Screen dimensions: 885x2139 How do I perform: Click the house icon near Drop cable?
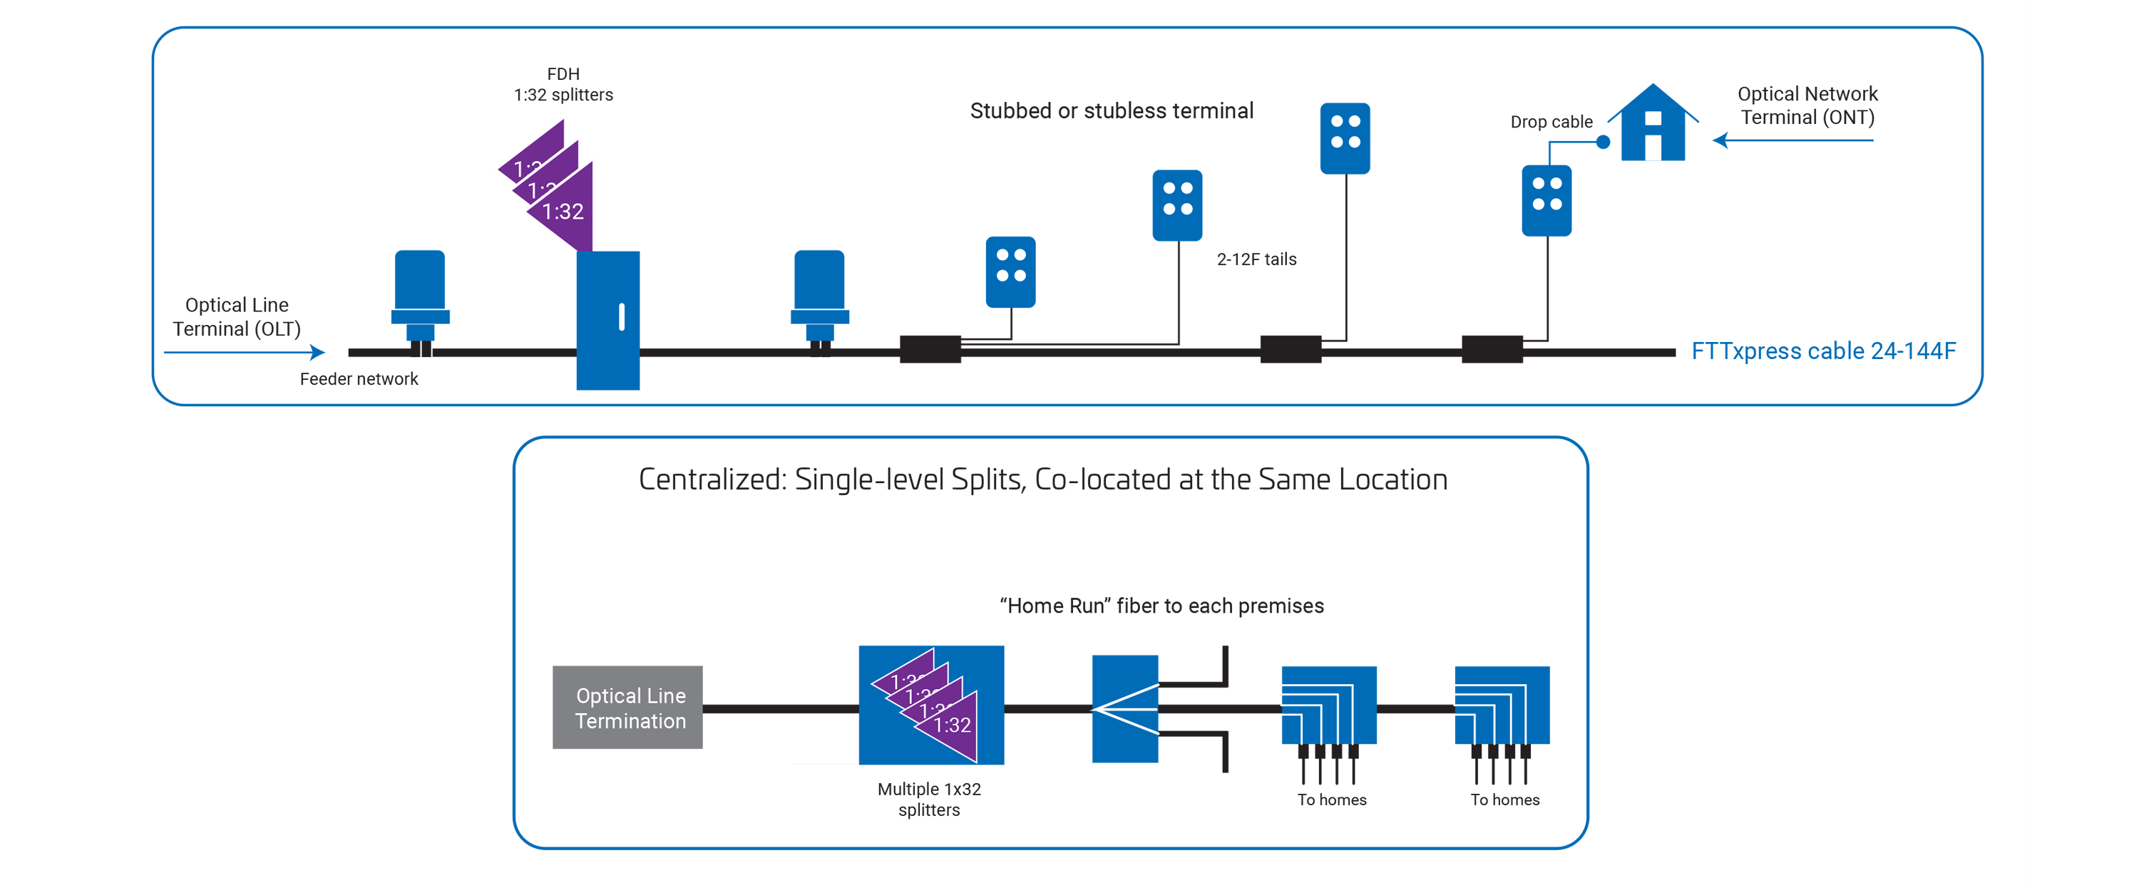1653,125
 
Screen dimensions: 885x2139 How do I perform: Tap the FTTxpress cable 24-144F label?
1823,351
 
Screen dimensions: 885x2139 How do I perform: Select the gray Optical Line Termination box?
627,708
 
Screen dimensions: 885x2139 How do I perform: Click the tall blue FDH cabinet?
607,320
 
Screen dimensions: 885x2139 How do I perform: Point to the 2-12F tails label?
1256,260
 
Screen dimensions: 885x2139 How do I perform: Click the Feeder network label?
359,379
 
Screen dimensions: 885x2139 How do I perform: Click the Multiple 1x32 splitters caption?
929,799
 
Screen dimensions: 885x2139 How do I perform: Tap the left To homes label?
1332,799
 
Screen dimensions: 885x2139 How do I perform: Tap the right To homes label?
1504,799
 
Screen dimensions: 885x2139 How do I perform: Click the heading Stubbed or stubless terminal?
1111,111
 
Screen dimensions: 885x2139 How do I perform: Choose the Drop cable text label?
1551,122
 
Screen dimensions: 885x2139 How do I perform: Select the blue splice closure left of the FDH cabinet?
420,299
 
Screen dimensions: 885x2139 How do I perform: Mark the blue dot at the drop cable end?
1604,142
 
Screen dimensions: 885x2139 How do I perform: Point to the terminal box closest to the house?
1546,200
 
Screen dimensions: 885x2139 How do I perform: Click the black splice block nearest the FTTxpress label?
1492,350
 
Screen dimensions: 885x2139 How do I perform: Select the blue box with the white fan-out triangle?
1124,709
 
